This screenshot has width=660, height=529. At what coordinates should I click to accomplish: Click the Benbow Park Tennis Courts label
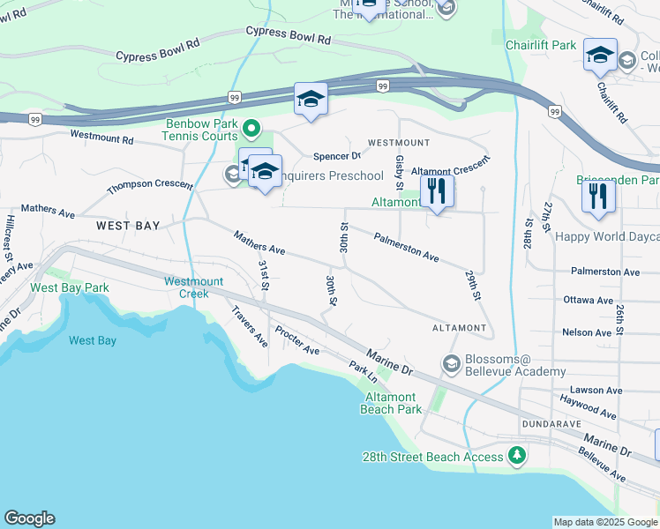tap(200, 130)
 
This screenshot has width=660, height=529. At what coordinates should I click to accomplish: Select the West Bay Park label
tap(70, 288)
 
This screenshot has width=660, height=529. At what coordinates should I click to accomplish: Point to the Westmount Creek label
tap(187, 287)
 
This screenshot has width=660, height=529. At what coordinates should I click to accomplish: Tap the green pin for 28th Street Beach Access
tap(516, 456)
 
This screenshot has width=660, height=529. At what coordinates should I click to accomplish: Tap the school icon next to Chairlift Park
tap(600, 57)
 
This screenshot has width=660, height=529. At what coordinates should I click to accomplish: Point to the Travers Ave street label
tap(249, 326)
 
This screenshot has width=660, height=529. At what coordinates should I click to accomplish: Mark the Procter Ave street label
tap(297, 339)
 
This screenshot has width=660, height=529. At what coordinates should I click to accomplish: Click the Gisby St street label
tap(400, 173)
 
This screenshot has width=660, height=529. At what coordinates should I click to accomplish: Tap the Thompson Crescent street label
tap(150, 186)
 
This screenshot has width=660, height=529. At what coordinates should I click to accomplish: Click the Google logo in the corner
tap(29, 518)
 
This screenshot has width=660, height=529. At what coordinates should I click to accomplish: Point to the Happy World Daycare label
tap(607, 236)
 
